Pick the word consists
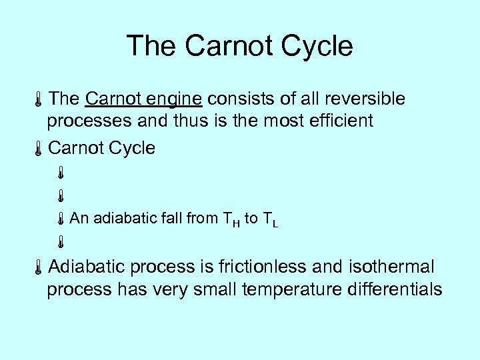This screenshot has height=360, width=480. (233, 99)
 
